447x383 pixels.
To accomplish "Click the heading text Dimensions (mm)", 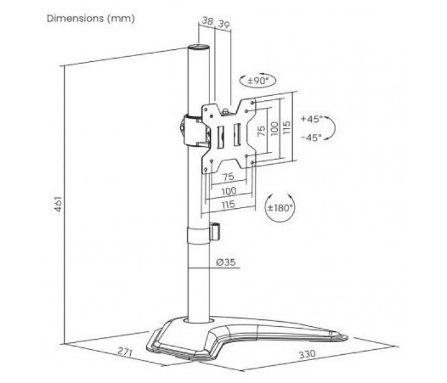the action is point(91,19).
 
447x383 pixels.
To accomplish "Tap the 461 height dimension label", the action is point(58,204).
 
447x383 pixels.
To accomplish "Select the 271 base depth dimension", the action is point(125,352).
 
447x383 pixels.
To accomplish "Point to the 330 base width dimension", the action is point(307,354).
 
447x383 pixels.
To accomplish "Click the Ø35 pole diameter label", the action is point(226,262).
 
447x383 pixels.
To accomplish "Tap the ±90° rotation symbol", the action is point(258,80).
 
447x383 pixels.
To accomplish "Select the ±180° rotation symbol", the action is point(280,207).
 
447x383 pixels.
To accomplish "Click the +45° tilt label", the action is point(312,119).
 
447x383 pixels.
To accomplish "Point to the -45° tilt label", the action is point(312,138).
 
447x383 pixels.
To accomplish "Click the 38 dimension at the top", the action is point(208,21).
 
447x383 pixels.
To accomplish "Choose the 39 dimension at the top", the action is point(223,24).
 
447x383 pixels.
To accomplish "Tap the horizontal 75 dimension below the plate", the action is point(228,177).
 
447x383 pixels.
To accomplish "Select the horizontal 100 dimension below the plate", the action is point(229,191).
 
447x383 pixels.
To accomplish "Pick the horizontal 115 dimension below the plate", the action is point(228,204).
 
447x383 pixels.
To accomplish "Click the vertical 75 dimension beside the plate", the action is point(261,131).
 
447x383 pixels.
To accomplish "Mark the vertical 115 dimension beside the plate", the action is point(287,128).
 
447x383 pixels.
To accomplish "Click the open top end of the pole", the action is point(199,47).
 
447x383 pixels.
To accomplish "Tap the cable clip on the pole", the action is point(215,231).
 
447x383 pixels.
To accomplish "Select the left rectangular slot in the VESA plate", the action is point(220,137).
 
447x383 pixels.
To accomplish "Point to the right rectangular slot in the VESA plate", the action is point(237,135).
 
